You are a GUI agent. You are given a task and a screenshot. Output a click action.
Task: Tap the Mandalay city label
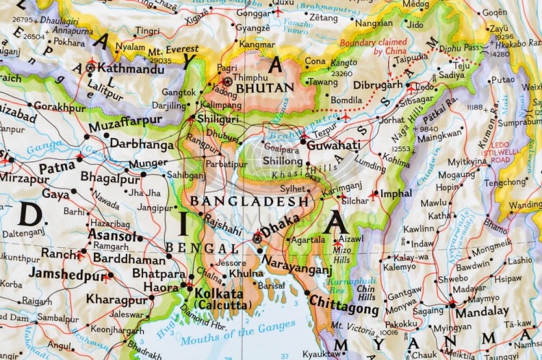[x=482, y=312]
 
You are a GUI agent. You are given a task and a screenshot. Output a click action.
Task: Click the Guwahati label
[x=334, y=145]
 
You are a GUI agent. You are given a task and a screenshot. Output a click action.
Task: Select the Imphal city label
[x=396, y=194]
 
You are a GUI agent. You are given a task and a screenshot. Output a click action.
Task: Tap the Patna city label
[x=57, y=167]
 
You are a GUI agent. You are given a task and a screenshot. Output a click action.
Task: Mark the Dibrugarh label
[x=377, y=85]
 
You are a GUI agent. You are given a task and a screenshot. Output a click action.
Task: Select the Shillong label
[x=283, y=160]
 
